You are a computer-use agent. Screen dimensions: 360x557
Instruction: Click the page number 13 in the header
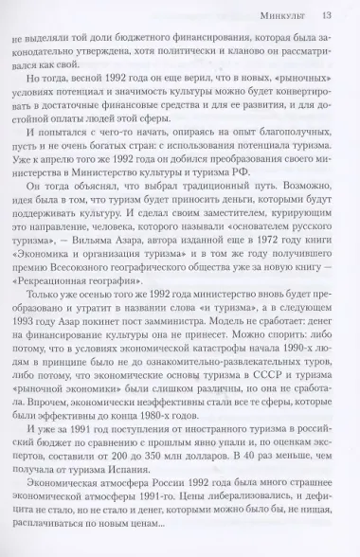325,13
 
